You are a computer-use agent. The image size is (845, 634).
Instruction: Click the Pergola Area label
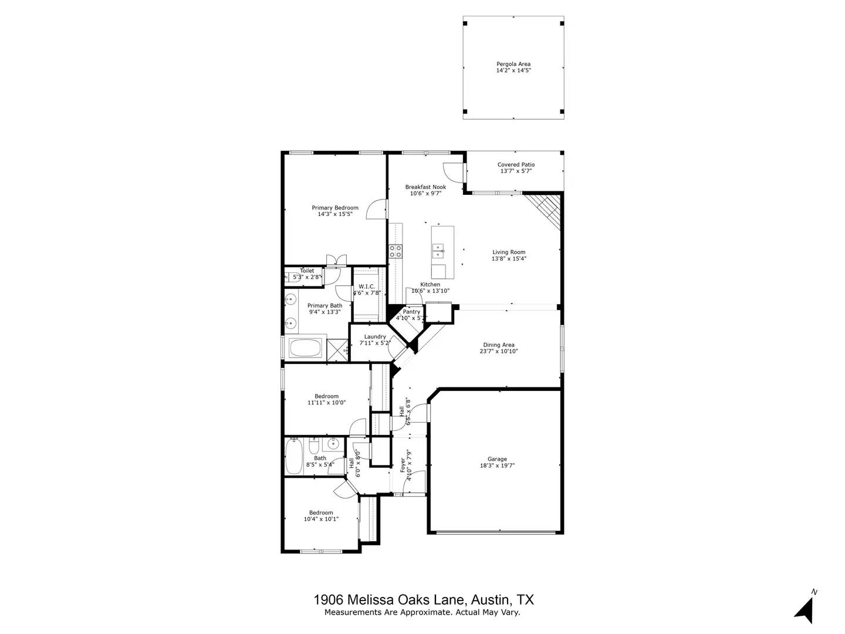(513, 64)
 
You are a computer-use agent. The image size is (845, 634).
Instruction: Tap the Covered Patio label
(516, 165)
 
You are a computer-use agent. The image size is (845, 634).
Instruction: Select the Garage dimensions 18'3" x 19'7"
(497, 466)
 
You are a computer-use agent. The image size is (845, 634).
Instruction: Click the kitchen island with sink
(442, 252)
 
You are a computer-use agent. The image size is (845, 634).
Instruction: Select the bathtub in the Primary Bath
(305, 347)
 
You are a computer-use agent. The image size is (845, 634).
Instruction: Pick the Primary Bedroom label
(334, 208)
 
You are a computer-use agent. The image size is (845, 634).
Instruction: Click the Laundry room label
(375, 337)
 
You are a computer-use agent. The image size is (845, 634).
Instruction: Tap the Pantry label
(411, 312)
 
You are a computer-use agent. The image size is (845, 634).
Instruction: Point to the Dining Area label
(499, 345)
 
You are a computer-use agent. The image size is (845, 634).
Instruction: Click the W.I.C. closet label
(367, 286)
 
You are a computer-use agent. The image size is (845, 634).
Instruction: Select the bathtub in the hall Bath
(293, 457)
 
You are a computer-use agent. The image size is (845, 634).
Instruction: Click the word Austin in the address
(491, 600)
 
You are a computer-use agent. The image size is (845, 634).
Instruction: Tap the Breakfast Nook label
(425, 187)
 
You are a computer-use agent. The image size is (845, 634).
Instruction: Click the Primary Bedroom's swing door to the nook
(377, 210)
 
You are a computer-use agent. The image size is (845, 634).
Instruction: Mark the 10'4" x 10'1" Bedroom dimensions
(321, 519)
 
